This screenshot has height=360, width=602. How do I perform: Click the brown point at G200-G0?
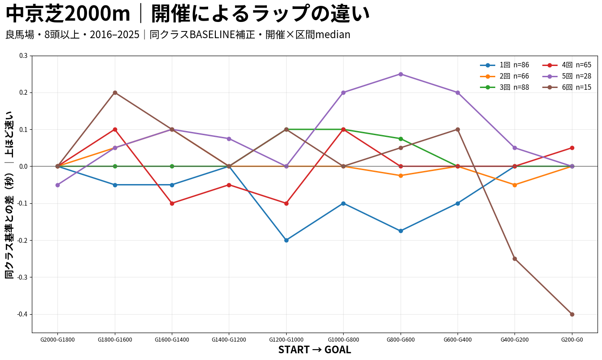pos(572,314)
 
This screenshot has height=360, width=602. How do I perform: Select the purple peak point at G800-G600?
pos(401,74)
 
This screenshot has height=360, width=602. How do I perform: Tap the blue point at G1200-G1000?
pos(286,240)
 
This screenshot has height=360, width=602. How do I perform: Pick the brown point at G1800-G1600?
pos(115,93)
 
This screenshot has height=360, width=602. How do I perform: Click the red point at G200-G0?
pos(572,148)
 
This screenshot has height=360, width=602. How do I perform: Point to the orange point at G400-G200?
pos(515,185)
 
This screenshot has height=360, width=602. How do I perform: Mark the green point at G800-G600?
pos(401,139)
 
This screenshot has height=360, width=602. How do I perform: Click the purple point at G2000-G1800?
pos(57,185)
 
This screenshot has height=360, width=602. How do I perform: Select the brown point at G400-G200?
pos(515,259)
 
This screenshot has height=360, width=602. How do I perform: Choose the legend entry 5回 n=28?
pos(567,76)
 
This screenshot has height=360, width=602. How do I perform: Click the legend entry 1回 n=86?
pos(505,65)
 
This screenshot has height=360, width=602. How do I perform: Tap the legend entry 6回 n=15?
pos(567,88)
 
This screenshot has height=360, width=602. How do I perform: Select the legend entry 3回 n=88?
pos(505,88)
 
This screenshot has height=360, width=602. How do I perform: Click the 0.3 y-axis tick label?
pos(23,56)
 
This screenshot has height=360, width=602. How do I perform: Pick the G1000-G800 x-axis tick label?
pos(343,340)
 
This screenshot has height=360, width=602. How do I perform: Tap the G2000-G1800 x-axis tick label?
pos(57,340)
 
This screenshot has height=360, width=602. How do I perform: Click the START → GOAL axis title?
pos(314,350)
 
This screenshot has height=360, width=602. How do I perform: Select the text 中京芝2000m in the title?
pos(68,14)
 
